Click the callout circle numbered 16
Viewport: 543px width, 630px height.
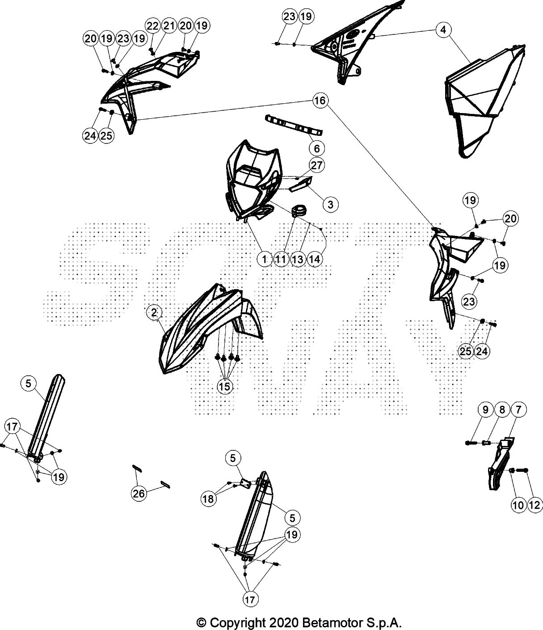click(x=320, y=100)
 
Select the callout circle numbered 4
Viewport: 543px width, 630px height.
click(x=443, y=29)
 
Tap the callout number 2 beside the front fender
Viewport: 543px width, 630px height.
click(x=154, y=312)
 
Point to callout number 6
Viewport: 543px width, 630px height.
click(x=317, y=148)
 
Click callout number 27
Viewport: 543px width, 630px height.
click(x=317, y=165)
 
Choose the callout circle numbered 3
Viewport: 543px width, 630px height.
click(x=331, y=204)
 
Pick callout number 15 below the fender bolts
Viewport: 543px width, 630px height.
click(x=224, y=386)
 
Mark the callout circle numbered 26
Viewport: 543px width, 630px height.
click(x=139, y=493)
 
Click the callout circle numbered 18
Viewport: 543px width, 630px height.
click(x=209, y=499)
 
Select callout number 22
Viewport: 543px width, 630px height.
click(x=152, y=26)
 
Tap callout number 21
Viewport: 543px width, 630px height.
click(x=169, y=26)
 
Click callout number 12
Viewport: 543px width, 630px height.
click(x=535, y=505)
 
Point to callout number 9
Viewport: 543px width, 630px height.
click(x=485, y=409)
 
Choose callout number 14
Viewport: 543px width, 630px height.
click(x=314, y=259)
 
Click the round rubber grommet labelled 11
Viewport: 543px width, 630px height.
click(x=299, y=211)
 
